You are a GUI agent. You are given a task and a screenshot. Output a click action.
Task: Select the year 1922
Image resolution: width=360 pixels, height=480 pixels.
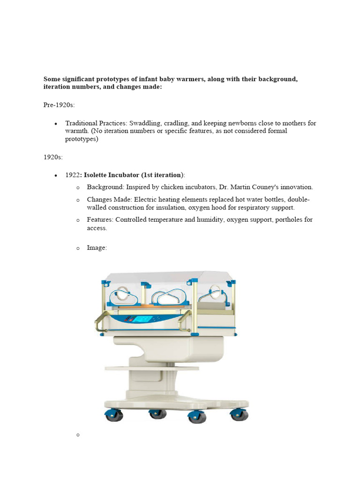click(72, 175)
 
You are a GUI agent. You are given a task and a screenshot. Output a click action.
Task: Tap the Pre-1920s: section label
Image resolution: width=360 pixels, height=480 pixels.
click(59, 105)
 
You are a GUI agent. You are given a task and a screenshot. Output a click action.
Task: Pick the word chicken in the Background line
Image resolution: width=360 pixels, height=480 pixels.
click(176, 187)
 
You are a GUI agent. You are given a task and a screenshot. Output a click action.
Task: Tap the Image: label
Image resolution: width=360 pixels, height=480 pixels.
click(97, 247)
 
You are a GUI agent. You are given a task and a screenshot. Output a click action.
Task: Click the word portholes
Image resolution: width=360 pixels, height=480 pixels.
click(284, 219)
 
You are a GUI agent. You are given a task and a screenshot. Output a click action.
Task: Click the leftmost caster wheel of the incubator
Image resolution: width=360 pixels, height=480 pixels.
click(114, 415)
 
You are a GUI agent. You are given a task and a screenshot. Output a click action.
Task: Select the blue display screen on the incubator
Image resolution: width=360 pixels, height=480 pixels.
click(142, 319)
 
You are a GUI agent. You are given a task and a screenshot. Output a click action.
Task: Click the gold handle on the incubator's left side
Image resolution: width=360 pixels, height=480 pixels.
click(100, 323)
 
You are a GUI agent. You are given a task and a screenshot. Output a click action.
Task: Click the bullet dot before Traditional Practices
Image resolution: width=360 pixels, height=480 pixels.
click(56, 124)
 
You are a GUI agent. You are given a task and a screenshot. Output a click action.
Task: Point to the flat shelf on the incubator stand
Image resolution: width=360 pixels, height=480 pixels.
click(155, 369)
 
